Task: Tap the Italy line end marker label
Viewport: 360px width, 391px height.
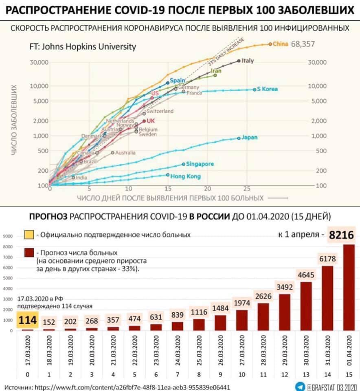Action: [x=248, y=61]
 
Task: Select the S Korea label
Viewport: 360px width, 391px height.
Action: [x=267, y=89]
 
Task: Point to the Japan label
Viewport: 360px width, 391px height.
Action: [x=249, y=138]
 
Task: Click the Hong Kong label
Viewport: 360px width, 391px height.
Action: [x=185, y=176]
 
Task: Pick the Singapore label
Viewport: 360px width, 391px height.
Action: [x=200, y=164]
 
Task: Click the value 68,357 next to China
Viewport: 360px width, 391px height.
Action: [x=303, y=44]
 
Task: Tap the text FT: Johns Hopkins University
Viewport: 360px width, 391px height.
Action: [x=83, y=46]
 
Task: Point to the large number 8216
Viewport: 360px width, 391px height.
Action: [x=341, y=235]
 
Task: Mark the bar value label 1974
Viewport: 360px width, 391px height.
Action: [x=242, y=303]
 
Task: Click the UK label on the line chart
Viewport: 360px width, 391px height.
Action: [x=151, y=121]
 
